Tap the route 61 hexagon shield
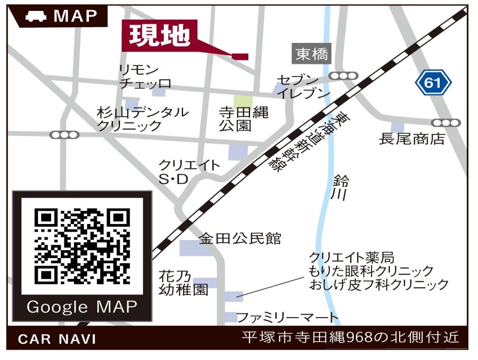click(x=433, y=83)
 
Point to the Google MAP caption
click(x=82, y=307)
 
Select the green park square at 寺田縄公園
click(x=242, y=101)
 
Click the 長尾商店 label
click(x=412, y=139)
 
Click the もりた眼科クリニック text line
click(x=371, y=271)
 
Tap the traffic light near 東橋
click(x=343, y=76)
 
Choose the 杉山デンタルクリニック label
click(x=142, y=119)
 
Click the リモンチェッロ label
click(x=145, y=77)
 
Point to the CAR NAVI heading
click(x=57, y=339)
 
